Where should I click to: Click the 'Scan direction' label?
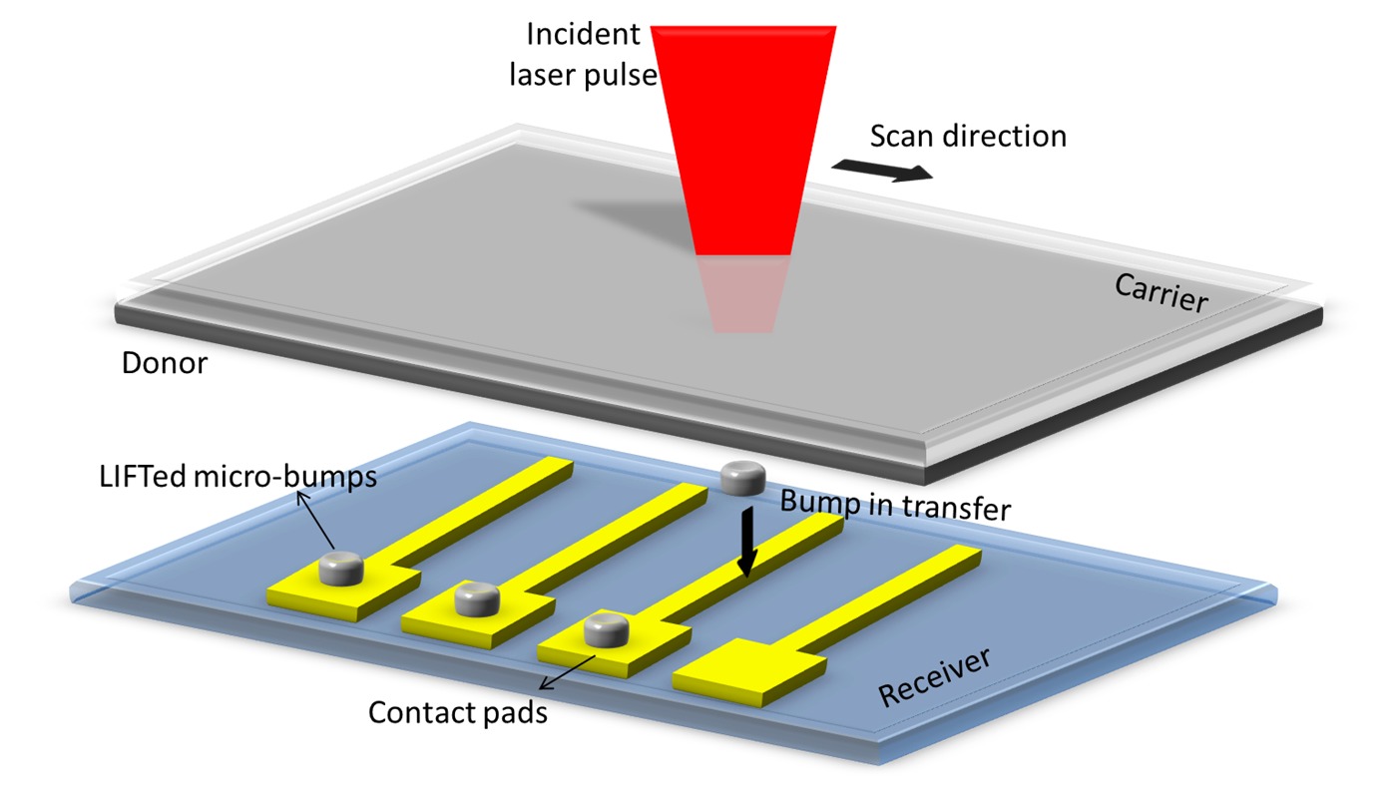point(967,135)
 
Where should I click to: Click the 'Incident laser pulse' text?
point(584,55)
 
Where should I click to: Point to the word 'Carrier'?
point(1159,292)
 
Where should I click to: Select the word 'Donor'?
point(164,362)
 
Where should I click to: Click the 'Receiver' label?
point(935,677)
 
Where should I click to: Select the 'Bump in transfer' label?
point(895,507)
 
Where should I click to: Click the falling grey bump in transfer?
point(741,479)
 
